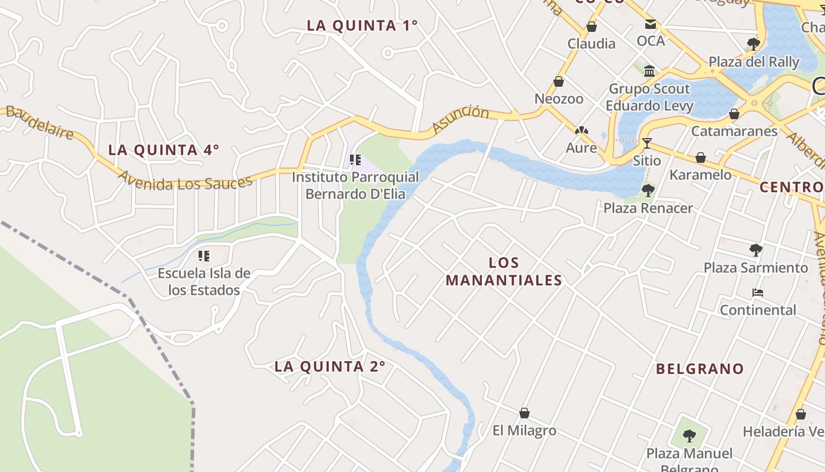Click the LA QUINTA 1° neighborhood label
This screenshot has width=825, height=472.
pos(362,25)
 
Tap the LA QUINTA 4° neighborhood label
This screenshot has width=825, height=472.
pos(163,150)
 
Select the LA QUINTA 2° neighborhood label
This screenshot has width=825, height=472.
pos(329,366)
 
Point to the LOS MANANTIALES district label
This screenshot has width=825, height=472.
pos(504,271)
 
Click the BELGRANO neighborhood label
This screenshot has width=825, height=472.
pos(699,369)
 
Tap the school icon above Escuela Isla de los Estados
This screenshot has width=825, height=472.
pos(204,256)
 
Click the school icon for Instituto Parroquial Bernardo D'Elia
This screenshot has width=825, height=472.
pos(355,159)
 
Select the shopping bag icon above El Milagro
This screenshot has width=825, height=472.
pos(524,413)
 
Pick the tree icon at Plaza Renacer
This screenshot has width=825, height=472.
pos(648,191)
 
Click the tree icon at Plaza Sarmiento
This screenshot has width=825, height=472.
pos(755,250)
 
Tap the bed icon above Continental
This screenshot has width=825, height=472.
pos(757,293)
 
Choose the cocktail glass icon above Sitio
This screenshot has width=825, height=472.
pos(646,143)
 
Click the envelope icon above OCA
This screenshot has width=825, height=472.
pos(650,24)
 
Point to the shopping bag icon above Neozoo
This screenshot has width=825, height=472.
pos(558,81)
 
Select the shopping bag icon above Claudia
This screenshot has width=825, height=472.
pos(591,27)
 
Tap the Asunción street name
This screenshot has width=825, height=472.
pos(460,119)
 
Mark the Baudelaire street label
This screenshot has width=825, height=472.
pos(40,123)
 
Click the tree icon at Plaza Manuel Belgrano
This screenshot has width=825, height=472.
pos(688,436)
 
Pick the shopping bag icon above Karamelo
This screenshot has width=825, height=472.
pos(700,158)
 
